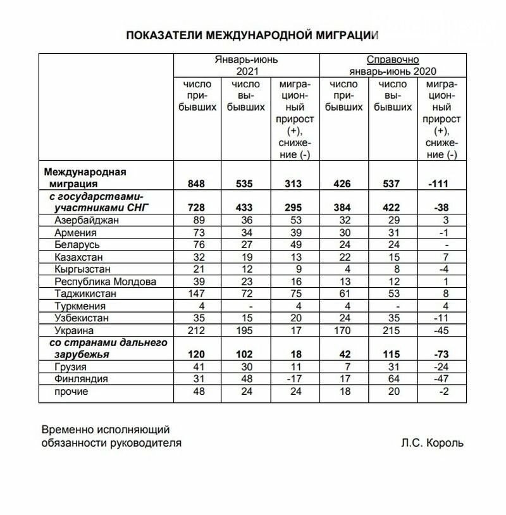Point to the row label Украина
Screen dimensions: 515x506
pos(75,330)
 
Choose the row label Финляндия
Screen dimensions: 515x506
pos(80,379)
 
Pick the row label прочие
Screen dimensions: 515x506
pos(71,392)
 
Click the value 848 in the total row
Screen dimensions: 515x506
pos(197,184)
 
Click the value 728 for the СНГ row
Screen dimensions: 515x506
pos(197,208)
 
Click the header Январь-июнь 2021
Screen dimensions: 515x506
pos(247,65)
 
